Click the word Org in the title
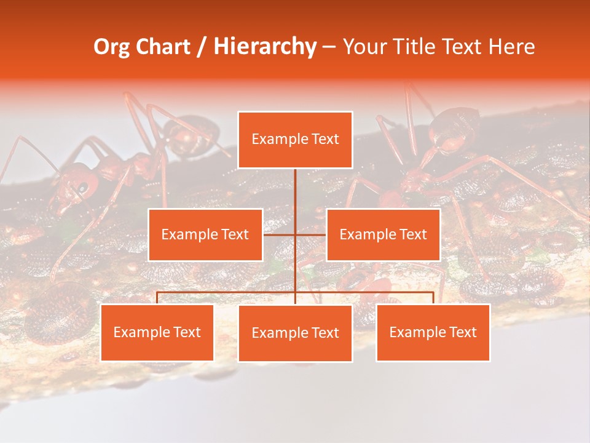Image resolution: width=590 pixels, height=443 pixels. click(x=112, y=47)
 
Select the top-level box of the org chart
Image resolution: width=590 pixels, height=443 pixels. click(x=295, y=140)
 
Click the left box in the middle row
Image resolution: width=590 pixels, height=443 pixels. click(x=205, y=234)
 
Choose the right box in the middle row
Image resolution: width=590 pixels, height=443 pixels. click(x=383, y=234)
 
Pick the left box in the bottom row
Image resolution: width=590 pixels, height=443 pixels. click(x=157, y=333)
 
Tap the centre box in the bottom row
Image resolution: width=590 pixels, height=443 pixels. click(x=295, y=333)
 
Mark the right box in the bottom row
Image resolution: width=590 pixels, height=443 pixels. click(x=433, y=333)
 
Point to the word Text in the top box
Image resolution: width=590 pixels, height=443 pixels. click(x=326, y=140)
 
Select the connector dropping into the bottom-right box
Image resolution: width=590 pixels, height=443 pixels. click(x=433, y=298)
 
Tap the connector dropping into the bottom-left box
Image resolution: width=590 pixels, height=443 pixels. click(x=157, y=298)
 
